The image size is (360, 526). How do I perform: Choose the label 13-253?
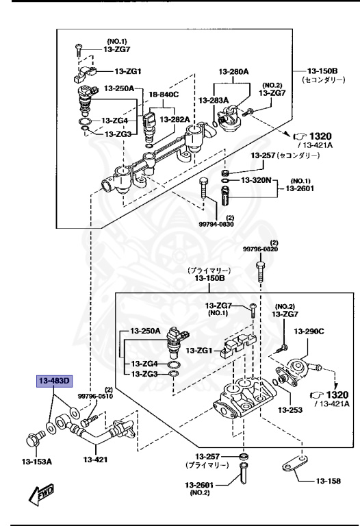290,410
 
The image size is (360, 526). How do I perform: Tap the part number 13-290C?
309,331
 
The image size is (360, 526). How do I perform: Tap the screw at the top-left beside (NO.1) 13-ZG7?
79,49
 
